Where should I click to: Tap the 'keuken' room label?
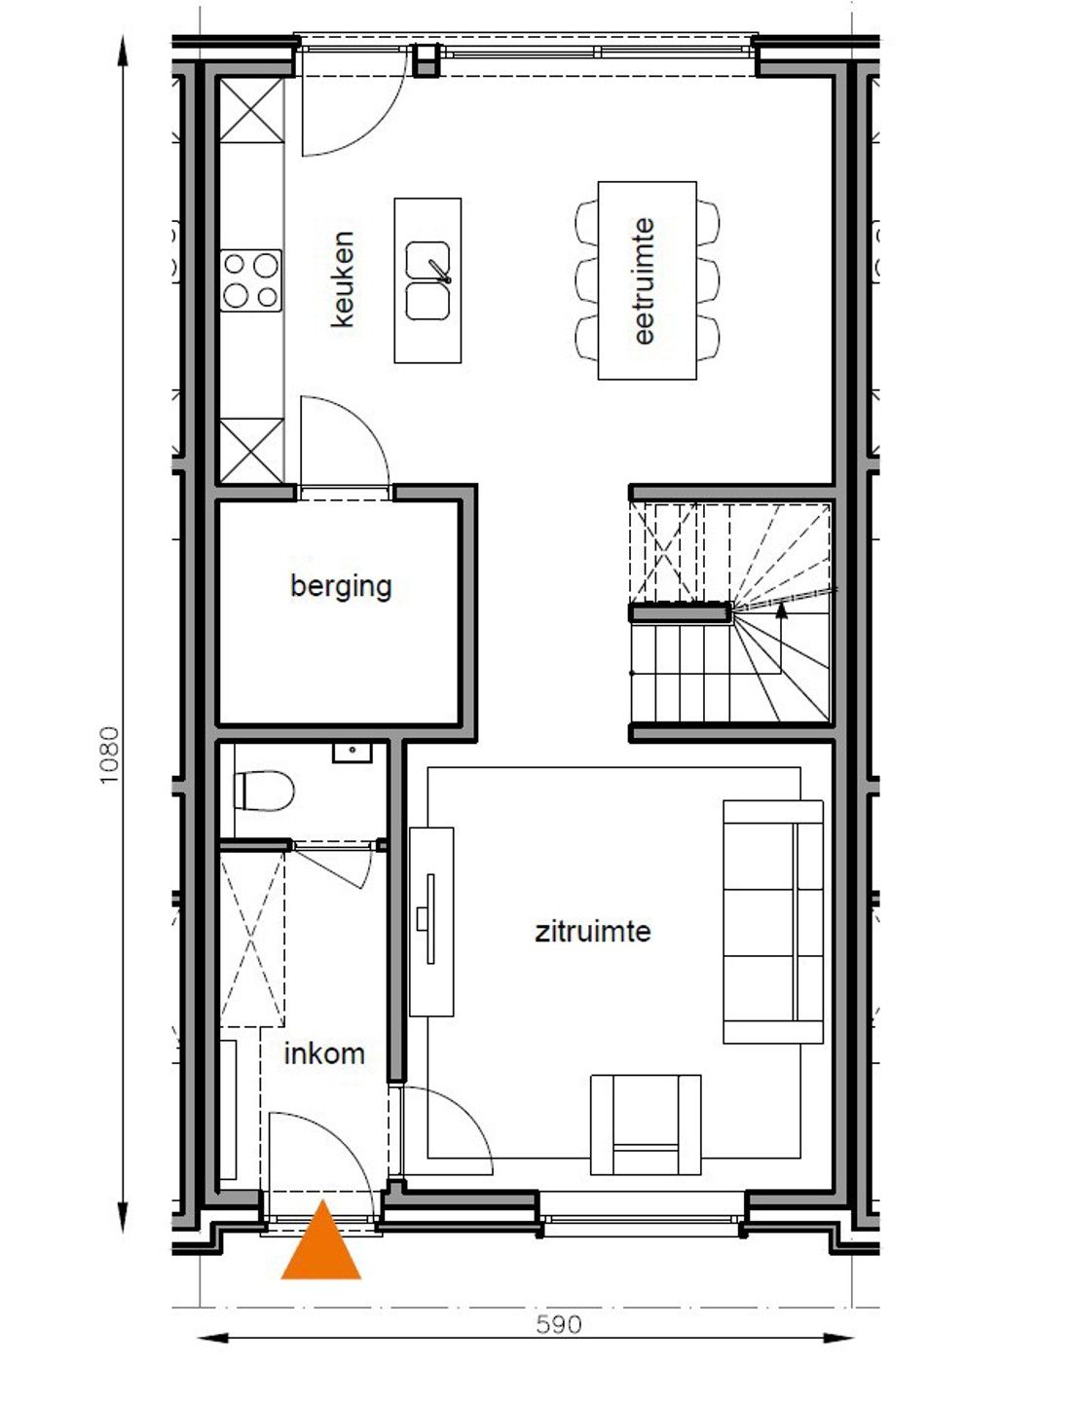point(343,278)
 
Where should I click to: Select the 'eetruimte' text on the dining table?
point(644,280)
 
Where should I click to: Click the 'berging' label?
point(341,586)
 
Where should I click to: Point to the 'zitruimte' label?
point(592,932)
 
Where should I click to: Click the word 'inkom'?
point(324,1053)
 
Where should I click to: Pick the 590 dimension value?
point(559,1324)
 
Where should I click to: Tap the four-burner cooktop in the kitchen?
point(251,280)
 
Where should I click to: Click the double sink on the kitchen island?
point(427,280)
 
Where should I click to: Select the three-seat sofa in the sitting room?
point(773,922)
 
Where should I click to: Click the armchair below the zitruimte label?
point(646,1125)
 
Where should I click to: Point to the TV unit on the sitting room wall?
point(431,921)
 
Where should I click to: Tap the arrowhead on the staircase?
point(781,610)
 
